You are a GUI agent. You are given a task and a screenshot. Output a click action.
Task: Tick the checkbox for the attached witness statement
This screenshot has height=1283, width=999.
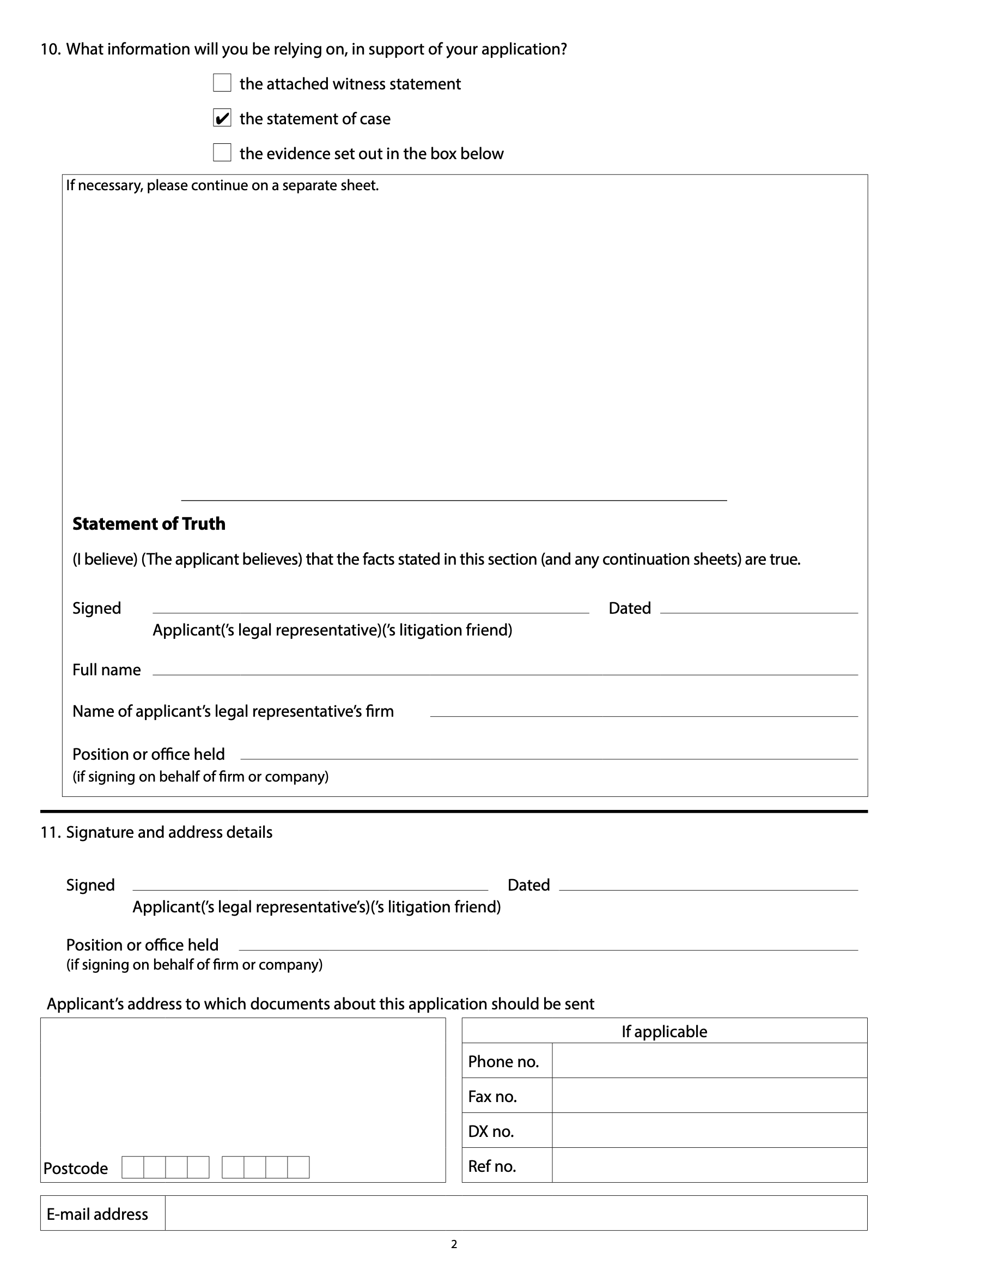click(222, 83)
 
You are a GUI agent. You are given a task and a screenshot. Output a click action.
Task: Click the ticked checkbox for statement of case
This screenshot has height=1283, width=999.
click(222, 118)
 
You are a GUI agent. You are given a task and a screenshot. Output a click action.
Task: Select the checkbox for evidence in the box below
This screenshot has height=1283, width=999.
click(222, 153)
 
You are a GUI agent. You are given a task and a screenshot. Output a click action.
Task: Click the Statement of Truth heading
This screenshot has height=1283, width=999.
click(149, 523)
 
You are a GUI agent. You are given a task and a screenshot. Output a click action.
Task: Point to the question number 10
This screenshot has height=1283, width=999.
click(51, 50)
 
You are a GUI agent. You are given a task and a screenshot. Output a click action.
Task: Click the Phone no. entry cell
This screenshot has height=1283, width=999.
click(709, 1061)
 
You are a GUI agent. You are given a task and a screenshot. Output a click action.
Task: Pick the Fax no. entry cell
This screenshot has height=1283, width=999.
click(709, 1096)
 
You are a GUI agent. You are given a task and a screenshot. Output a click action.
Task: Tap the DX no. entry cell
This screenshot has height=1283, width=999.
click(709, 1130)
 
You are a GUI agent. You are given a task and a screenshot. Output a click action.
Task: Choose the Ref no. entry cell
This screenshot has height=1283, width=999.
click(709, 1165)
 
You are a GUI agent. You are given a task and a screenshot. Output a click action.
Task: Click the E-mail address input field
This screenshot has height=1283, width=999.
click(515, 1213)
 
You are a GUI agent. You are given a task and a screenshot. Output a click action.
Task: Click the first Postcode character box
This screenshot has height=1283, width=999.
click(133, 1167)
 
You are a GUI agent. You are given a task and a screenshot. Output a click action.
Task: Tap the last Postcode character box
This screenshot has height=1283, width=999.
click(298, 1167)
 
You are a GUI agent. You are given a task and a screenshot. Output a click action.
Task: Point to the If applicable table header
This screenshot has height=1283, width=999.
click(664, 1032)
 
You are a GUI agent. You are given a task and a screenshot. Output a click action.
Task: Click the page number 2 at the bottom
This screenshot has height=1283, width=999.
click(454, 1244)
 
